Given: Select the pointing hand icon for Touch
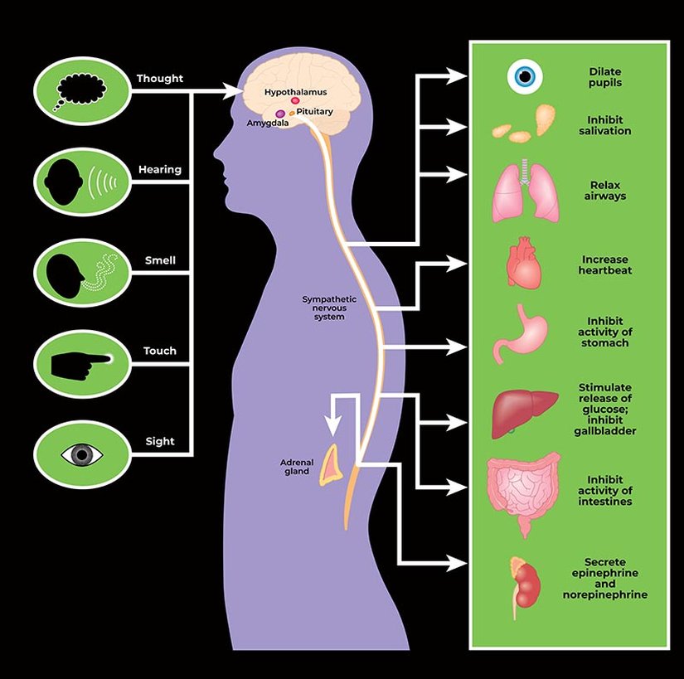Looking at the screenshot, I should click(x=80, y=362).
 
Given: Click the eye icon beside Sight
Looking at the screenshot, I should click(x=82, y=454).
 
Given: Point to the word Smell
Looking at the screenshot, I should click(x=160, y=260).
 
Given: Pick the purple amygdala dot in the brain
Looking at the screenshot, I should click(x=280, y=114).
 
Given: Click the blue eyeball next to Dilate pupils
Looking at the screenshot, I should click(x=524, y=77).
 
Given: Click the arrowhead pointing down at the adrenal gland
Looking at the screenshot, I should click(x=332, y=425).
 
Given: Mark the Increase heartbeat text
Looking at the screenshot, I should click(x=605, y=265).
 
